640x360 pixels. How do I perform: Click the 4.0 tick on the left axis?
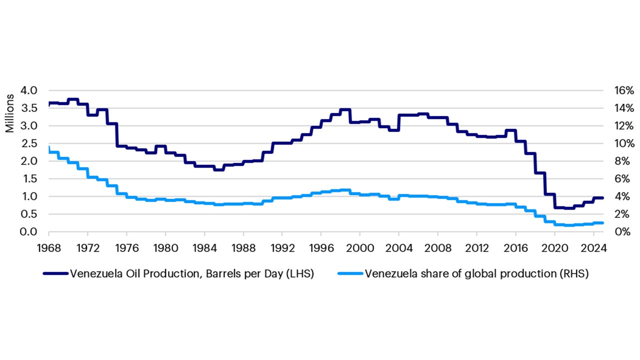29,90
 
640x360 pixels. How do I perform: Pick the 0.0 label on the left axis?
29,232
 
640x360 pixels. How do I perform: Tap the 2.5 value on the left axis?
29,143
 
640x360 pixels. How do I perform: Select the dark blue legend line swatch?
55,273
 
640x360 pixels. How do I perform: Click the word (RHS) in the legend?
573,274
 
